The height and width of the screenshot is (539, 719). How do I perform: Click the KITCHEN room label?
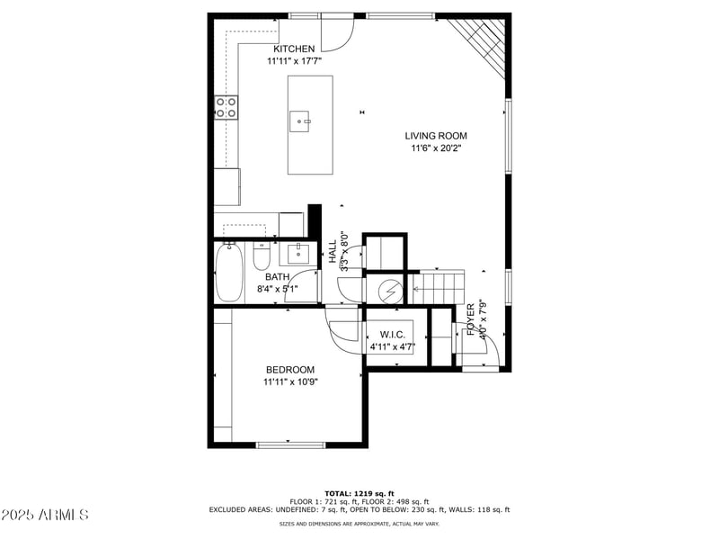(x=294, y=49)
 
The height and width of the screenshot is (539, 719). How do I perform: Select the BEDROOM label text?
(x=290, y=370)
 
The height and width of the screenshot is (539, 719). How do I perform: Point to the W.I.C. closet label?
(x=388, y=333)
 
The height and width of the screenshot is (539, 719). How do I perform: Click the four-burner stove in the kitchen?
(x=226, y=108)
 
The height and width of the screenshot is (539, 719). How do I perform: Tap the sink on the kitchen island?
(x=300, y=120)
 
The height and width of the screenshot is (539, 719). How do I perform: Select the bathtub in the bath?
(x=229, y=274)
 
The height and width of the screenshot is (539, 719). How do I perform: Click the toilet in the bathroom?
(x=262, y=258)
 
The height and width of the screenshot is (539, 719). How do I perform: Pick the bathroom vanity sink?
(x=299, y=253)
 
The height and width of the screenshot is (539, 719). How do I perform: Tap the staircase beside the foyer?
(x=438, y=289)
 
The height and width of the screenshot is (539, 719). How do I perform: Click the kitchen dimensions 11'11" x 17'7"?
(x=294, y=61)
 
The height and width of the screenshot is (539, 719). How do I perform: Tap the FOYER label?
(x=470, y=319)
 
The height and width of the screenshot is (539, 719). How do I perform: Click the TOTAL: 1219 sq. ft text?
(x=359, y=493)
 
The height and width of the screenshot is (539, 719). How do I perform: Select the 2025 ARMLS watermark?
(x=45, y=516)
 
